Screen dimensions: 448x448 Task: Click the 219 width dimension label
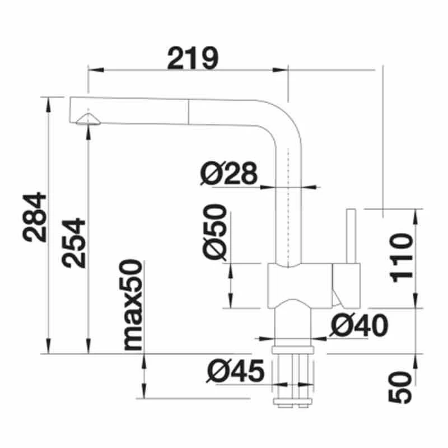tap(192, 58)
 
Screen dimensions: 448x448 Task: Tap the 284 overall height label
tap(35, 217)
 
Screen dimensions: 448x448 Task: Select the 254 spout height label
tap(74, 242)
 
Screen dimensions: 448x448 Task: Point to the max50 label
tap(133, 305)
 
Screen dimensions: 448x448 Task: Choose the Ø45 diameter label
tap(235, 371)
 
